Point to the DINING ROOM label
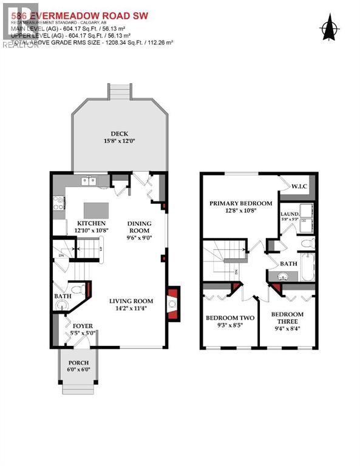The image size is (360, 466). [x=139, y=226]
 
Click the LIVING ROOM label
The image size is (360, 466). [x=131, y=301]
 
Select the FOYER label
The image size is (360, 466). [x=83, y=326]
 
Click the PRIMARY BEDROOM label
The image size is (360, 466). [x=240, y=203]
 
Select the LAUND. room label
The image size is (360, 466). [x=288, y=214]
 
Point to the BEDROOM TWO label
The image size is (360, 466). [x=229, y=318]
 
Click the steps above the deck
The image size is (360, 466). [x=119, y=91]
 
